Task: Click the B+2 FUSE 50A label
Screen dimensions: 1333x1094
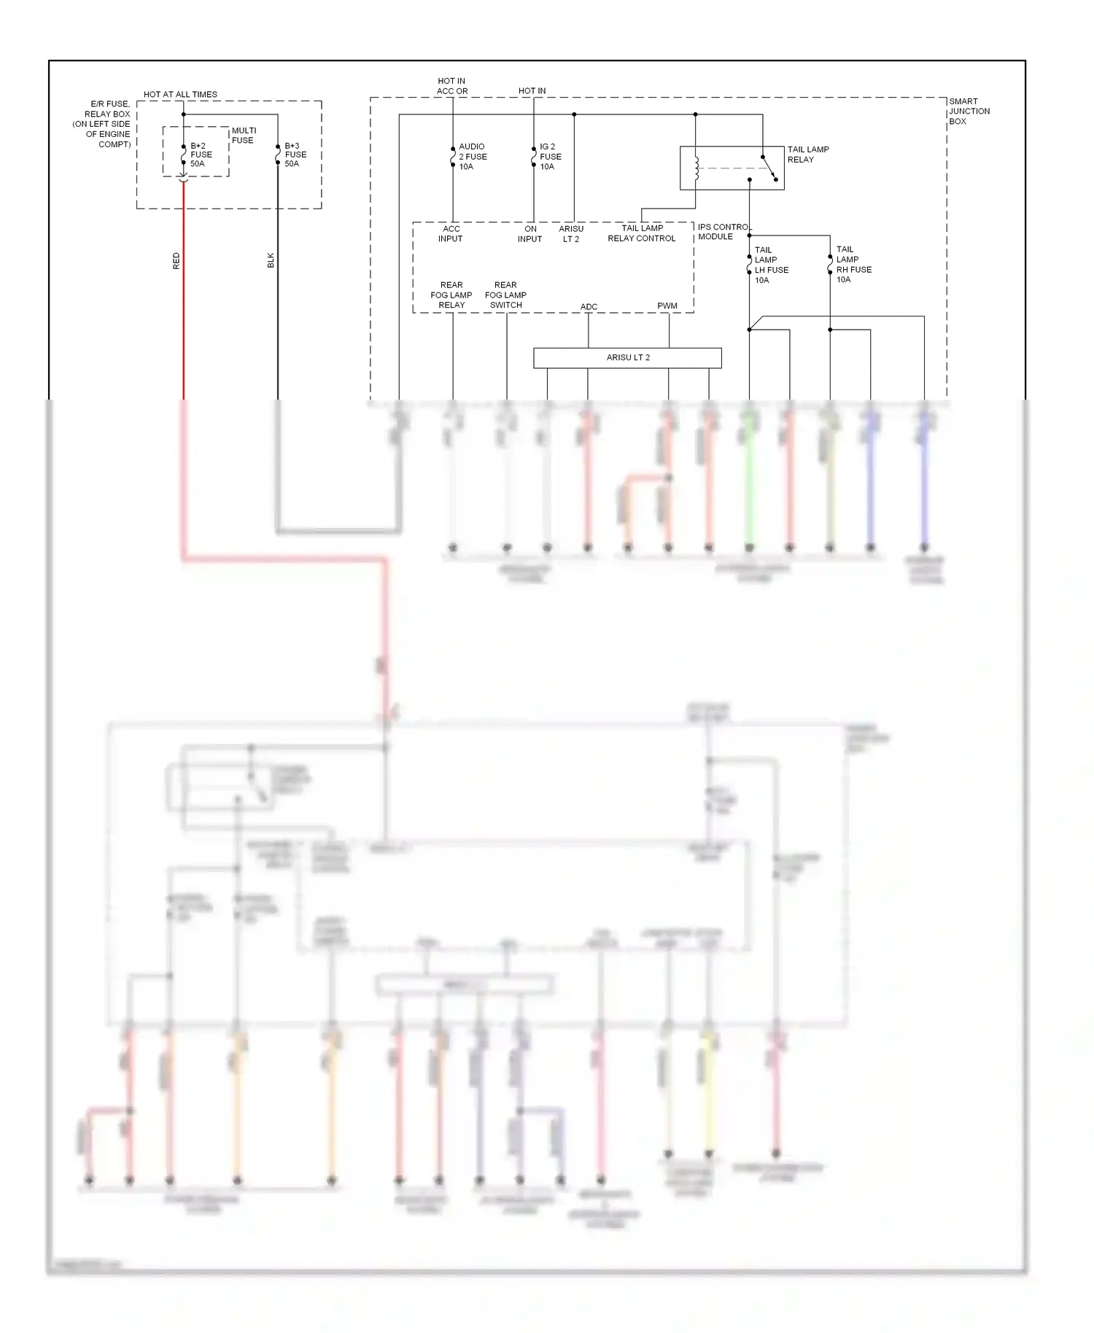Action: (201, 155)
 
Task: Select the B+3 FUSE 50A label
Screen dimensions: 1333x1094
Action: (295, 155)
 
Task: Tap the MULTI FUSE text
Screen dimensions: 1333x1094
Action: (244, 136)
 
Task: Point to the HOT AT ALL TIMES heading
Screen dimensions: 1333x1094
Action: (180, 94)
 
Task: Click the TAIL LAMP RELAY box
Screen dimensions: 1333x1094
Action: (732, 168)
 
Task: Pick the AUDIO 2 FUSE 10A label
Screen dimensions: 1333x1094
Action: (472, 157)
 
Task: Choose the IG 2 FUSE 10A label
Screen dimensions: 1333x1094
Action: (550, 157)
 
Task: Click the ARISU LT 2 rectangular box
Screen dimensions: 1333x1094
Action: (627, 357)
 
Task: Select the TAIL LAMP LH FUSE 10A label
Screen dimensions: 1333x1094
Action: (771, 265)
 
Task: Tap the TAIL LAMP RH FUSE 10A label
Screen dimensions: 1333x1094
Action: (853, 264)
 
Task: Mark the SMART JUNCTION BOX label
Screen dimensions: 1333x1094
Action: (969, 112)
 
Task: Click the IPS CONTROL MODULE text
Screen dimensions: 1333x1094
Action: (723, 232)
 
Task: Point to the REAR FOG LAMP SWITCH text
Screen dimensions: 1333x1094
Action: (505, 295)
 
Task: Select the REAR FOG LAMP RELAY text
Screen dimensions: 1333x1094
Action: (451, 295)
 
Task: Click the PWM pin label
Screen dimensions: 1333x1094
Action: (667, 306)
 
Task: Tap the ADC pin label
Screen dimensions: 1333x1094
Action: (589, 306)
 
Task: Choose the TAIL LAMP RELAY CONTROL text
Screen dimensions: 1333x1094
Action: (642, 233)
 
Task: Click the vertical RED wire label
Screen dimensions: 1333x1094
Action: (176, 261)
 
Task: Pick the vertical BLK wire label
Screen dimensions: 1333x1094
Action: (271, 260)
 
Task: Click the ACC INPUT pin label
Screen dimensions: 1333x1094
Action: (451, 233)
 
